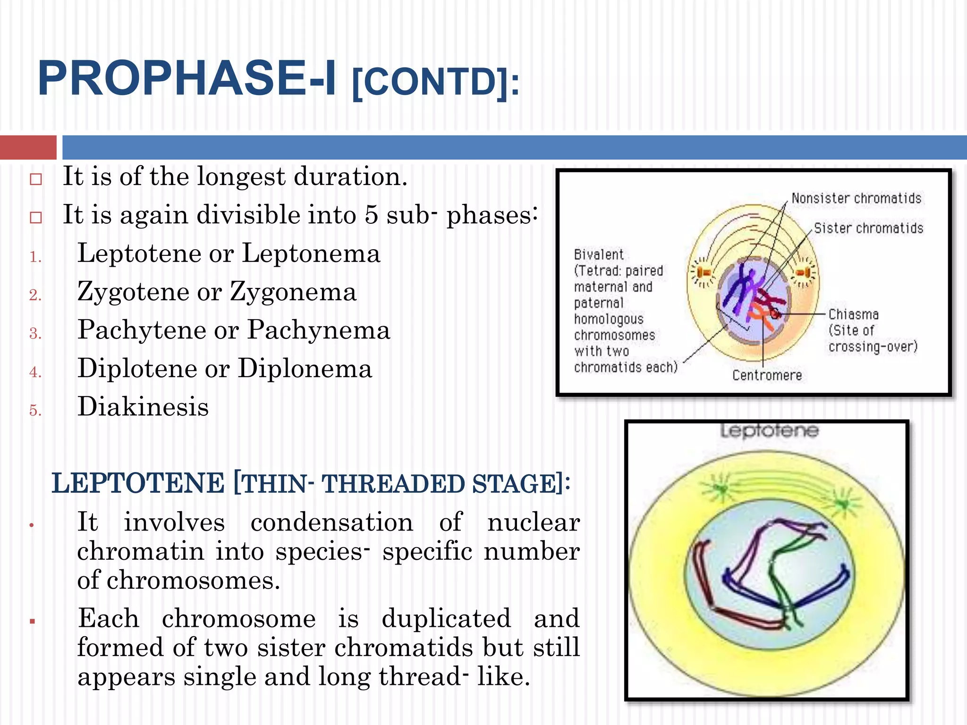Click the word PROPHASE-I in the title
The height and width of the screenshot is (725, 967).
coord(187,78)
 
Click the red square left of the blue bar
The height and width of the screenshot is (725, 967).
coord(28,147)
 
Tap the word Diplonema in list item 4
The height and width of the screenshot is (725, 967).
coord(305,368)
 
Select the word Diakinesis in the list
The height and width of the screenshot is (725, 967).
coord(143,407)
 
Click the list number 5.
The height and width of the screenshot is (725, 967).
coord(35,410)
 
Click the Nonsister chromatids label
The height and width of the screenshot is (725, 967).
coord(856,198)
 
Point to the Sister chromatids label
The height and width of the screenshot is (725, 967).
coord(868,228)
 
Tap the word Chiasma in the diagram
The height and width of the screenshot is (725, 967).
coord(853,314)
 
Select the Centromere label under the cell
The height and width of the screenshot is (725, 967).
coord(767,375)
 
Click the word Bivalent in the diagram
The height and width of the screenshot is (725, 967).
coord(598,255)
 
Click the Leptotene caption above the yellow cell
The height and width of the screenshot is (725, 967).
coord(769,430)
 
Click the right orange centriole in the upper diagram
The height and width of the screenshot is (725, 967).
coord(803,273)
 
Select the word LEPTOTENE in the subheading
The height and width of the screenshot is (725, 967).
coord(138,484)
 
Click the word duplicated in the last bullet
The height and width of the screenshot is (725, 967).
coord(446,618)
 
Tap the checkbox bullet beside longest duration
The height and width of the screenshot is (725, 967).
coord(36,179)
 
